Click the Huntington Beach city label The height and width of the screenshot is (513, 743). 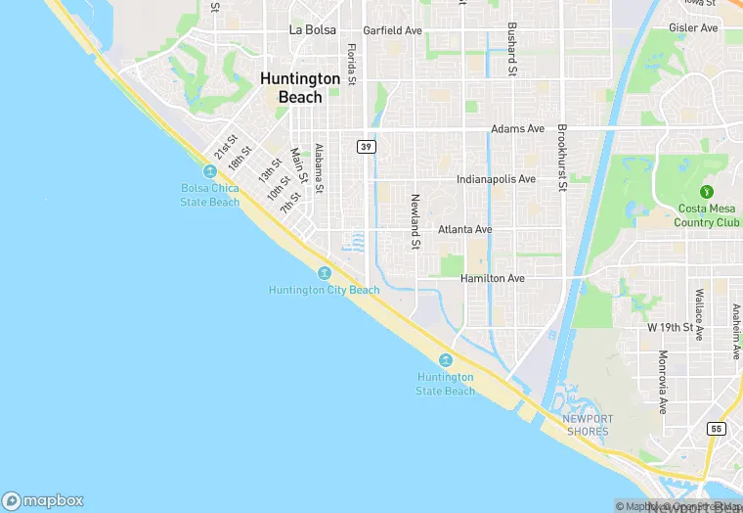(x=300, y=88)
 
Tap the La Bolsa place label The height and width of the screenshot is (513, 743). (x=313, y=29)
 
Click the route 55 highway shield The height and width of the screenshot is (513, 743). (x=718, y=429)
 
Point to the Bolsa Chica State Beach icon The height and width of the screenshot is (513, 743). (x=210, y=171)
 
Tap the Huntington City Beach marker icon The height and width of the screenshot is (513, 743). (x=324, y=272)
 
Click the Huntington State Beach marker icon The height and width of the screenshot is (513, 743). (x=446, y=360)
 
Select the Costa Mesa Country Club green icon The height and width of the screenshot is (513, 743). (x=707, y=191)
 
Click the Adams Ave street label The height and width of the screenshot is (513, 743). (x=517, y=129)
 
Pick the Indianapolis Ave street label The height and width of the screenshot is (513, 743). (x=497, y=180)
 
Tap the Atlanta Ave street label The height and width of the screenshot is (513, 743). (x=465, y=229)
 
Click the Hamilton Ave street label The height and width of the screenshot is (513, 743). (x=493, y=279)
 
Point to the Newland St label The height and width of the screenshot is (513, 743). (x=415, y=220)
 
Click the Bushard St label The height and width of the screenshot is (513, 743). (x=510, y=49)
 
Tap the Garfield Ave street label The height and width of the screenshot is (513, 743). (x=392, y=30)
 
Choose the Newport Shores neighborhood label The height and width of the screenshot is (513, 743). (x=587, y=426)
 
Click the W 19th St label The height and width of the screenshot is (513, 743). (x=670, y=327)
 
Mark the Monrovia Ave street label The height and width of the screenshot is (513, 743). (x=663, y=382)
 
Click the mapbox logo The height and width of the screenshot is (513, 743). (x=43, y=499)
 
